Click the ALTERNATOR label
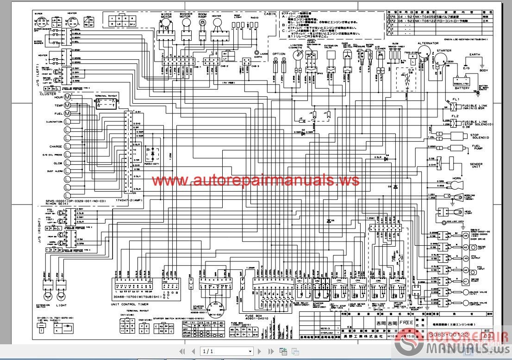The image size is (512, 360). coord(428,43)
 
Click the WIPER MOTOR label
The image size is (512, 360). coord(166,16)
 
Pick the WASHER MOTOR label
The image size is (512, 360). coord(186,16)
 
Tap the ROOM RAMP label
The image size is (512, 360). coord(202,16)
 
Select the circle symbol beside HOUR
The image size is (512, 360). coord(67,98)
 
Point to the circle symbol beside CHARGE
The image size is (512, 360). coord(67,146)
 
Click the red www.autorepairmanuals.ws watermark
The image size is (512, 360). coord(256,180)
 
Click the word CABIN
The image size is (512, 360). coord(269,14)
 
